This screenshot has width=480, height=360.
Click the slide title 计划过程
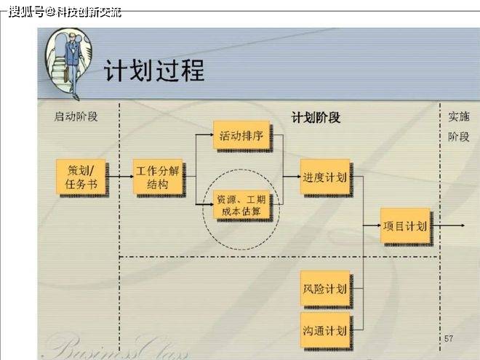[x=154, y=71]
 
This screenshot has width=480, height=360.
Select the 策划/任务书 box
[x=81, y=177]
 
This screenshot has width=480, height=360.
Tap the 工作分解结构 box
[x=158, y=177]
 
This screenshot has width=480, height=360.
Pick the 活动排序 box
[x=241, y=135]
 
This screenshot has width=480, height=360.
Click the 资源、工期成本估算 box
[x=241, y=205]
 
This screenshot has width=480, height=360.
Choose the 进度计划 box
[x=325, y=177]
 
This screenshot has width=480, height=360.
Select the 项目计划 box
[x=405, y=225]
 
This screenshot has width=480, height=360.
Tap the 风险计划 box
[x=325, y=289]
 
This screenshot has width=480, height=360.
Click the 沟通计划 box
[x=325, y=330]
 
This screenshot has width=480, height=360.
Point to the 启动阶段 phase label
[x=76, y=116]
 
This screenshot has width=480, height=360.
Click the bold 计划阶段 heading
[x=316, y=117]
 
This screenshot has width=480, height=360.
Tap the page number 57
[x=449, y=338]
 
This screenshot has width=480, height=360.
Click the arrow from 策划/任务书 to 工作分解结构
[x=121, y=177]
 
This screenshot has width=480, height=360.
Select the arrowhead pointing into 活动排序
[x=211, y=135]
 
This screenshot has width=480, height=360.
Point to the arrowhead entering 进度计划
[x=297, y=176]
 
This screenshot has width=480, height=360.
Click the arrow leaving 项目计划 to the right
[x=449, y=225]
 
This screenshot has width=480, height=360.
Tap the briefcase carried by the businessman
[x=66, y=76]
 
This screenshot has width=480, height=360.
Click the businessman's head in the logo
[x=72, y=37]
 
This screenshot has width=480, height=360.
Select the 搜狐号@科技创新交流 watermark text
[x=65, y=12]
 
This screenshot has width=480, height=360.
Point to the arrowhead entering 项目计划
[x=377, y=225]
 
